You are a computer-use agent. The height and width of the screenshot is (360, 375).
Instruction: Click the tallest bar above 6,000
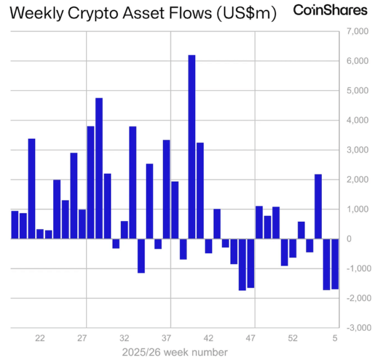point(192,146)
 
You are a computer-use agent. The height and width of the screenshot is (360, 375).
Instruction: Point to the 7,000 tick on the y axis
point(357,31)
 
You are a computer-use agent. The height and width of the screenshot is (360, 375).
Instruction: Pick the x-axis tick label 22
point(40,338)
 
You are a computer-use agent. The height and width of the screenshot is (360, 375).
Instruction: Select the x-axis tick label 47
point(250,338)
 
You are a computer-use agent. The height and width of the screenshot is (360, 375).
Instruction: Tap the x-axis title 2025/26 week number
point(174,352)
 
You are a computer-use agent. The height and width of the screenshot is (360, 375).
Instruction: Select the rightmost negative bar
point(335,264)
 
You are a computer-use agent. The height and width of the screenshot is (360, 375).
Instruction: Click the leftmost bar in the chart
point(15,225)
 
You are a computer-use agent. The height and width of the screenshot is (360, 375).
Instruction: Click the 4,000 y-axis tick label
point(357,120)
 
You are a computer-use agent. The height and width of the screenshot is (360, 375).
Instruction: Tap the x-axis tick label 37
point(166,338)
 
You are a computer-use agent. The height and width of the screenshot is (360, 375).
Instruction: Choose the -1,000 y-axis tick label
point(355,269)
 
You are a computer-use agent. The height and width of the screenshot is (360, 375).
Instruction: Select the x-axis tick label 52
point(292,338)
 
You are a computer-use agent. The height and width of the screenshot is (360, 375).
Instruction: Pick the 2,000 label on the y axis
point(357,180)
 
